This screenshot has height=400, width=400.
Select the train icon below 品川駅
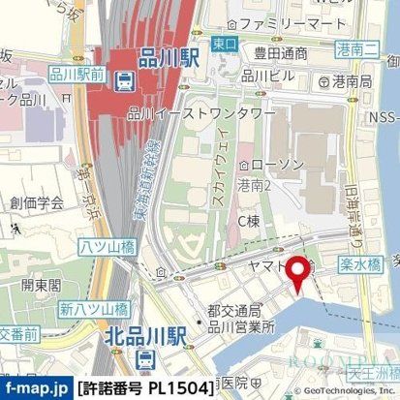click(x=126, y=82)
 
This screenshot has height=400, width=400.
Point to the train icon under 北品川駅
click(x=145, y=359)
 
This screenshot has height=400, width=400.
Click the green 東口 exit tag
click(x=224, y=44)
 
